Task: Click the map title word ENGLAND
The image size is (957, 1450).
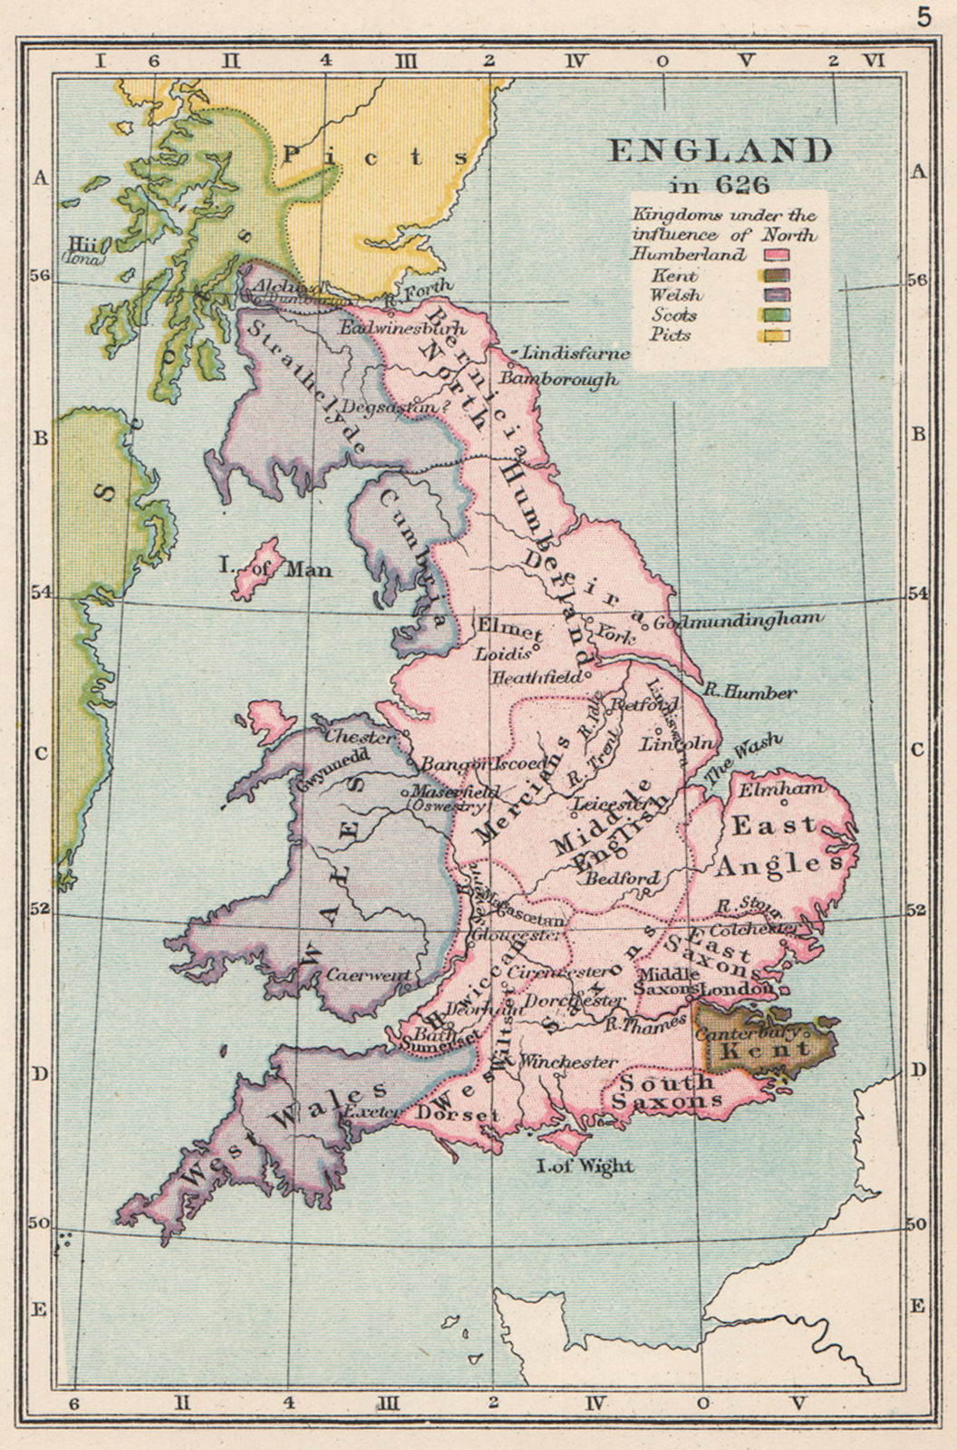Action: pyautogui.click(x=720, y=150)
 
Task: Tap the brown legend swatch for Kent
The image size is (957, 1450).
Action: pyautogui.click(x=778, y=275)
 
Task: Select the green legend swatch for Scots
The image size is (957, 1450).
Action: pyautogui.click(x=778, y=315)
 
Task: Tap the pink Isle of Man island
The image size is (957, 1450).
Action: pyautogui.click(x=256, y=567)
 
